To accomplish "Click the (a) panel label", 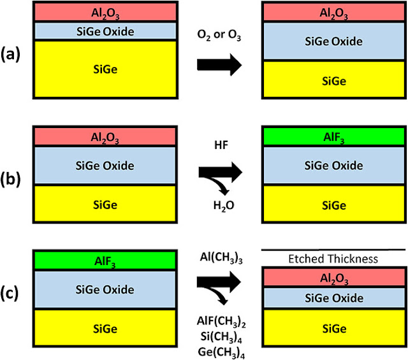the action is pyautogui.click(x=10, y=55).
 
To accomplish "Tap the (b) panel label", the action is pyautogui.click(x=10, y=180).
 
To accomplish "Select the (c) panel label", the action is pyautogui.click(x=10, y=293).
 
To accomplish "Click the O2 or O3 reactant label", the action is pyautogui.click(x=219, y=35).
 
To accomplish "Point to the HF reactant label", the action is pyautogui.click(x=221, y=145).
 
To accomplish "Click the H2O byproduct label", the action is pyautogui.click(x=224, y=206).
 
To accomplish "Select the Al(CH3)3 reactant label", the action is pyautogui.click(x=221, y=258).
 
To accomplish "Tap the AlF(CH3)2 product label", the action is pyautogui.click(x=221, y=321).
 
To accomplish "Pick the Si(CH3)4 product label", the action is pyautogui.click(x=221, y=337).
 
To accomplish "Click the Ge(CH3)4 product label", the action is pyautogui.click(x=221, y=352).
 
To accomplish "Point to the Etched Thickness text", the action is pyautogui.click(x=333, y=259).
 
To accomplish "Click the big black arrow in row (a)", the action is pyautogui.click(x=219, y=65).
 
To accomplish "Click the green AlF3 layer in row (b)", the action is pyautogui.click(x=334, y=136).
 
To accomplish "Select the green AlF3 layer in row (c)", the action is pyautogui.click(x=105, y=261).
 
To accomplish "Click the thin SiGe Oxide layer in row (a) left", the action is pyautogui.click(x=105, y=31).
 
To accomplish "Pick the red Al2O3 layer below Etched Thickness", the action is pyautogui.click(x=334, y=277).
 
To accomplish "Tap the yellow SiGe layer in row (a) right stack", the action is pyautogui.click(x=334, y=80).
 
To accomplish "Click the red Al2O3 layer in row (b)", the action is pyautogui.click(x=105, y=136).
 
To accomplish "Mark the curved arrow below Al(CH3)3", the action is pyautogui.click(x=217, y=294).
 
